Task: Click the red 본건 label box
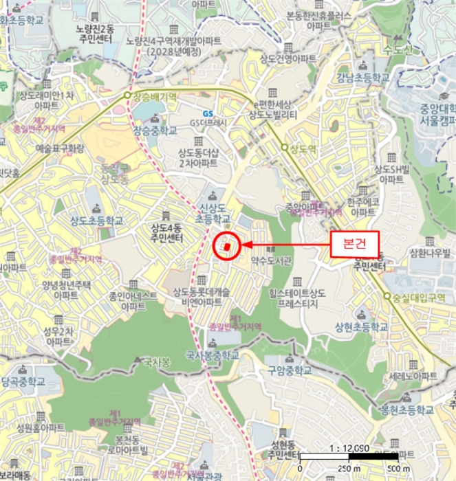356,243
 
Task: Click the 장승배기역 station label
155,96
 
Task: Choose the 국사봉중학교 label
213,355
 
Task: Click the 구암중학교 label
290,370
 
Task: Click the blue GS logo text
207,113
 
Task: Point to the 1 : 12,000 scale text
350,447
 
